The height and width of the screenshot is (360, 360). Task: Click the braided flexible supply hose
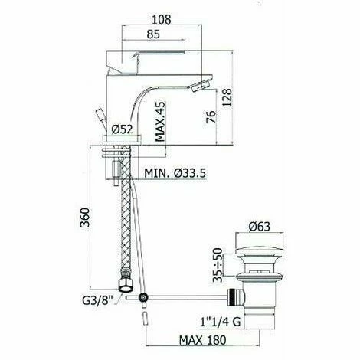[x=123, y=230]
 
